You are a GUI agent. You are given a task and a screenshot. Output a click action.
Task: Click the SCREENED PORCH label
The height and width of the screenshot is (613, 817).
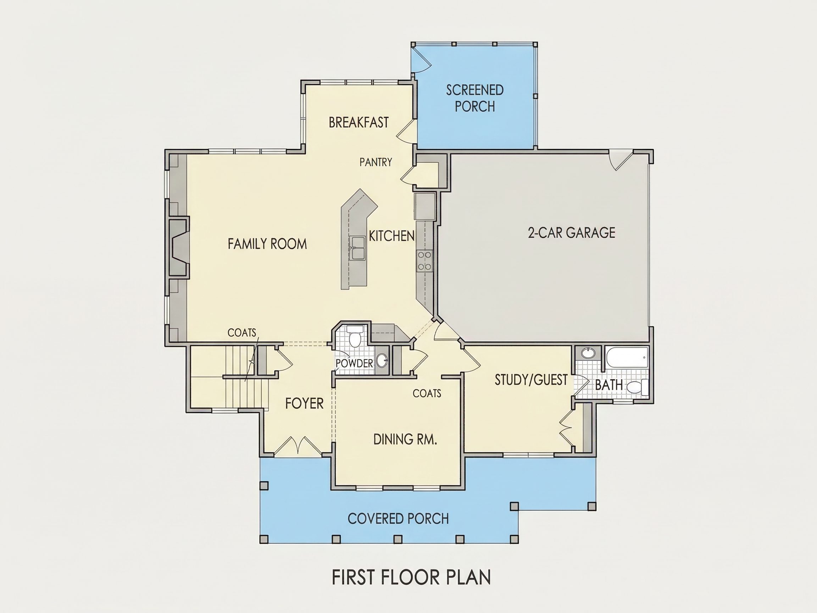(x=475, y=98)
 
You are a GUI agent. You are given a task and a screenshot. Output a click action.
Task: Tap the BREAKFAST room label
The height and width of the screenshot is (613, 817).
(x=359, y=122)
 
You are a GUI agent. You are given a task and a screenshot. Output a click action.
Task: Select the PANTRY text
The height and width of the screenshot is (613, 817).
(x=376, y=162)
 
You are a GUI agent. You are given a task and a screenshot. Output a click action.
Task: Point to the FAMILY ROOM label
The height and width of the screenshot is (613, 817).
(x=267, y=244)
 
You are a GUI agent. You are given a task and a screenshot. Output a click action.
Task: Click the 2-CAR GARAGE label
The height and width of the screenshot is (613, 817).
(x=571, y=233)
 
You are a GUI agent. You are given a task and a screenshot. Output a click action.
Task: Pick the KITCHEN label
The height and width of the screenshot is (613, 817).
(x=391, y=236)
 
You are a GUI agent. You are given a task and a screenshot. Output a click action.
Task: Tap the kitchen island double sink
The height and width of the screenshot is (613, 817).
(x=357, y=248)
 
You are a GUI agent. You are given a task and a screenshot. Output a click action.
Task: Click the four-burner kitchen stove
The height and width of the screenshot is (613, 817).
(x=424, y=261)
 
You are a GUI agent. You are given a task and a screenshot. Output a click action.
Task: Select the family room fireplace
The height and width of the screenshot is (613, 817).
(x=179, y=247)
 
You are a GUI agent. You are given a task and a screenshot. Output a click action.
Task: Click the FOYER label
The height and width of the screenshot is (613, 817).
(x=304, y=403)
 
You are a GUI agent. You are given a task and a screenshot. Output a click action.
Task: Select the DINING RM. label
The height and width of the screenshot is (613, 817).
(x=405, y=439)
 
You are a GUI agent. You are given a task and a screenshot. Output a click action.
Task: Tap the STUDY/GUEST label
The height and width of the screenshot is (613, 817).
(x=531, y=380)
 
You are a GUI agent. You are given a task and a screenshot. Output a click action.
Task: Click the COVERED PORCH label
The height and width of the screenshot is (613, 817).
(x=398, y=519)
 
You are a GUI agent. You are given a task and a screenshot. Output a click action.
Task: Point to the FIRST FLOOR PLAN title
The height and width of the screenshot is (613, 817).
(x=411, y=577)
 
